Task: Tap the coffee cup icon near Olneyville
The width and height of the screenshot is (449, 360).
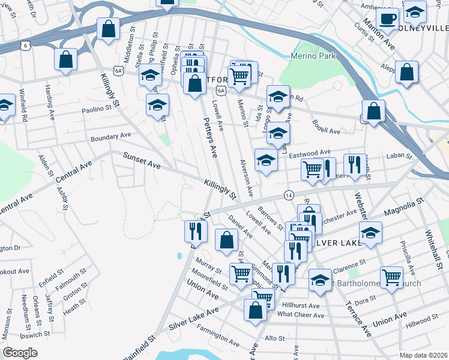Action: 387,19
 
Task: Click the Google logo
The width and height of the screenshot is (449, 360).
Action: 20,353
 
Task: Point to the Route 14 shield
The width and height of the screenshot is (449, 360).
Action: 289,196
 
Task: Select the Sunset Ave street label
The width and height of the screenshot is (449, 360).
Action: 142,160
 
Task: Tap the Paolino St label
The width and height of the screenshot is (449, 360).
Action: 97,109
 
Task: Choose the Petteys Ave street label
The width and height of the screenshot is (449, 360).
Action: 208,138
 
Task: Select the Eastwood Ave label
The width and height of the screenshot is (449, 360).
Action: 310,154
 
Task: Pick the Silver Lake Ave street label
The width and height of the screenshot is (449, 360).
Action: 193,320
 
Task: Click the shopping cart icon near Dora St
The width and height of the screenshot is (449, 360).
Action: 391,277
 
